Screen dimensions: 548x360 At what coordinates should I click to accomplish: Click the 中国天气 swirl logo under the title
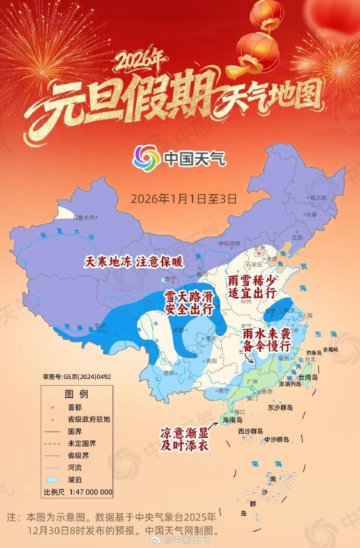[x=147, y=157]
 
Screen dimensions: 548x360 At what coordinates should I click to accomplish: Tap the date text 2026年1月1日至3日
[x=184, y=199]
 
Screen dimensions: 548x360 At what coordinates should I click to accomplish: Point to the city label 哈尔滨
[x=318, y=198]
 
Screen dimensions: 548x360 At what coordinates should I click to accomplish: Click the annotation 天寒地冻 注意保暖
[x=134, y=261]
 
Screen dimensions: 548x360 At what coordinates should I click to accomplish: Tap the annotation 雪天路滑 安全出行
[x=189, y=303]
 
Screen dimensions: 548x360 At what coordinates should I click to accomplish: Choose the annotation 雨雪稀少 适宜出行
[x=252, y=287]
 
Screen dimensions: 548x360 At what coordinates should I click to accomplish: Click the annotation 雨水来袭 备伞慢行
[x=266, y=339]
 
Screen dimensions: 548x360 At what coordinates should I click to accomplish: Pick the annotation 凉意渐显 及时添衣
[x=185, y=439]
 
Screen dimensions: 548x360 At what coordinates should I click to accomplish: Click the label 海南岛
[x=233, y=420]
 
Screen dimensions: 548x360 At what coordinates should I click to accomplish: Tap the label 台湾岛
[x=307, y=377]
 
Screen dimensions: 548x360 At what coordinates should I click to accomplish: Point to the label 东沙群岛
[x=281, y=407]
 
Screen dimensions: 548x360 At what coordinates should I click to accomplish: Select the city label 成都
[x=178, y=330]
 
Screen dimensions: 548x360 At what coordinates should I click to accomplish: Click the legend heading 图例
[x=76, y=393]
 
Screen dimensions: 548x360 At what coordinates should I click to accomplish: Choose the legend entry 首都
[x=75, y=407]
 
